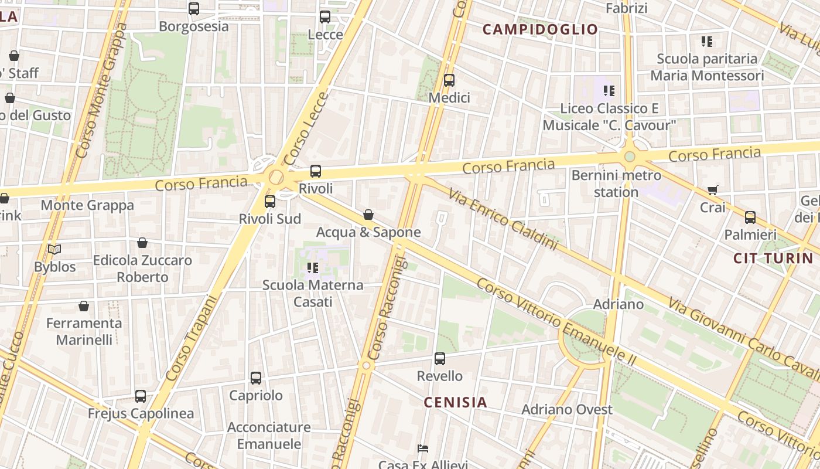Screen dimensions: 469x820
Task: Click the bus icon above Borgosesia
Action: (194, 9)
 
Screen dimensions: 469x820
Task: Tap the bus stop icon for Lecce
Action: (325, 17)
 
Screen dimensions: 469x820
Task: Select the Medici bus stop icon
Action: (449, 80)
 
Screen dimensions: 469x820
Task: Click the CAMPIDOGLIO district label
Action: (540, 29)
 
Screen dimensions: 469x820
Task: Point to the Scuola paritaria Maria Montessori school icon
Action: (707, 42)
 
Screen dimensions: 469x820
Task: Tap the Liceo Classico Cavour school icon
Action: (609, 91)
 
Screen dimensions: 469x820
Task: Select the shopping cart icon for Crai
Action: (713, 190)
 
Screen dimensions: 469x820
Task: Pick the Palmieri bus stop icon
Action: (750, 217)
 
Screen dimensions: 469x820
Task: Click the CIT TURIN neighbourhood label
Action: (773, 259)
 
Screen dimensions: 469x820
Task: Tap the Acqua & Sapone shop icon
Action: (368, 215)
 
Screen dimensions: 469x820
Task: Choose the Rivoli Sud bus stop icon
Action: (270, 202)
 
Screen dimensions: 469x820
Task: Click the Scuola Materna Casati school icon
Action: (313, 269)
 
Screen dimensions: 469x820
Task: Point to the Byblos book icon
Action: (54, 250)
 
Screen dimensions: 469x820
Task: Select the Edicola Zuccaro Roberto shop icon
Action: (142, 243)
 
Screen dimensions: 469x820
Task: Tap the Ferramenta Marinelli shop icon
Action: (84, 306)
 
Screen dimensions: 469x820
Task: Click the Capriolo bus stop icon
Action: (256, 378)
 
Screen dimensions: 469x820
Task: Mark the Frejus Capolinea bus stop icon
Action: (141, 396)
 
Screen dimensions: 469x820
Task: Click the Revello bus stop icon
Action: (440, 359)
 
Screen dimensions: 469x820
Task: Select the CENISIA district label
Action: (455, 402)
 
